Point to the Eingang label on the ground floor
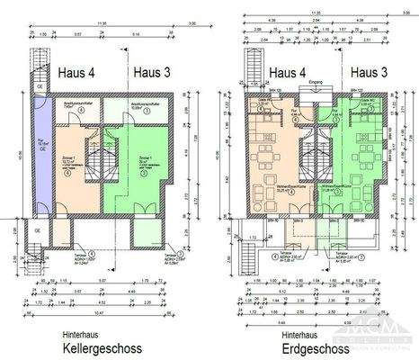314,84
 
